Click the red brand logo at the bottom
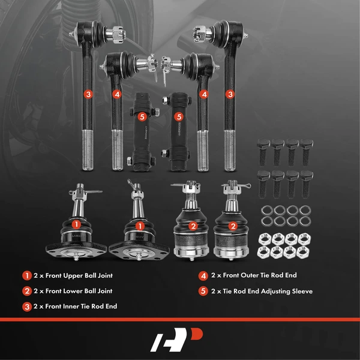pos(176,340)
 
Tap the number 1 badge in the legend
pos(27,275)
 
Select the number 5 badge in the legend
pos(203,291)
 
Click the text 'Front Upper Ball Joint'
pos(79,275)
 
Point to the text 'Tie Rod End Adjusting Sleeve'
pos(268,291)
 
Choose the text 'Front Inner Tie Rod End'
pos(81,306)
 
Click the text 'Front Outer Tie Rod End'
pos(260,275)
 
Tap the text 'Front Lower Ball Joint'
pos(79,291)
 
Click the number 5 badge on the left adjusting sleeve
pos(142,116)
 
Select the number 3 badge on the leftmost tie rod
pos(88,94)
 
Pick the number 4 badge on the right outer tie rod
pos(204,94)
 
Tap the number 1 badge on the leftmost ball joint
pos(76,224)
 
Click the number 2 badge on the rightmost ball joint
pos(233,226)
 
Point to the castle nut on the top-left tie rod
pos(118,34)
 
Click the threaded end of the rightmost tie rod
pos(230,151)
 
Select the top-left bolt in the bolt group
pos(263,152)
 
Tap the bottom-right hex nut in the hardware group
pos(303,252)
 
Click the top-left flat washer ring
pos(267,211)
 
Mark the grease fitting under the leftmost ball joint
pos(76,257)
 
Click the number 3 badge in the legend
pos(27,307)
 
